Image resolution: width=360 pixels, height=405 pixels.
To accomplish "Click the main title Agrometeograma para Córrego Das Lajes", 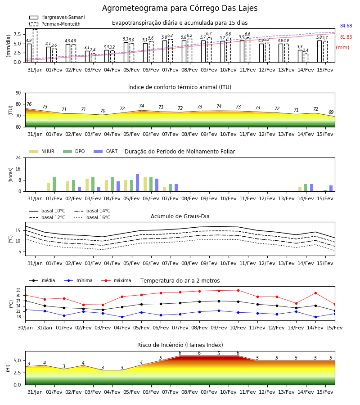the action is [x=180, y=8].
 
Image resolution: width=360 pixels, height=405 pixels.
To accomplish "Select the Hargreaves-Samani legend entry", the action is [x=57, y=17].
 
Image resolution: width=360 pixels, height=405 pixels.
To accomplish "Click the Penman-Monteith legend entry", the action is [x=55, y=24].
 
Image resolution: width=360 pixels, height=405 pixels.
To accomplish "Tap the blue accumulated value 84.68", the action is [x=346, y=26].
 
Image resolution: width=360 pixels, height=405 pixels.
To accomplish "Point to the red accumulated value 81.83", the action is [x=346, y=37].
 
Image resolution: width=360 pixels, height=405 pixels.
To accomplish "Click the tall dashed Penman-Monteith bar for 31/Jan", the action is [x=35, y=46].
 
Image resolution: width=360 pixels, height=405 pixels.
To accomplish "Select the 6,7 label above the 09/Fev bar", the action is [x=209, y=34].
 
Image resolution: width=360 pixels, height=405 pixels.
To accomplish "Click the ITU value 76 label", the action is [x=29, y=104].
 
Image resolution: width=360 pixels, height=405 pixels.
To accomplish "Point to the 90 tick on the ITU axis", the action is [x=18, y=93].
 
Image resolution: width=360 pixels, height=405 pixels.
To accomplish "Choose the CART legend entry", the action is [x=106, y=151].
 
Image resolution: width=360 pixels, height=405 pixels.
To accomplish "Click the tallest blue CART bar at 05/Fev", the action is [x=138, y=183].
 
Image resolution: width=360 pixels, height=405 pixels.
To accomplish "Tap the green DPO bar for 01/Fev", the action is [x=54, y=184].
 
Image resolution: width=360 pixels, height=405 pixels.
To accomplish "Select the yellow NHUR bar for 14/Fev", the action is [x=300, y=189].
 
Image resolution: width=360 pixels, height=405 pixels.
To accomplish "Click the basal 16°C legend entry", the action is [x=92, y=217].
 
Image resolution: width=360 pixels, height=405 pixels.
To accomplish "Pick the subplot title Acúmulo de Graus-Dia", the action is [x=180, y=216].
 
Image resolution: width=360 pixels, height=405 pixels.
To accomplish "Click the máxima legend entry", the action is [x=116, y=280].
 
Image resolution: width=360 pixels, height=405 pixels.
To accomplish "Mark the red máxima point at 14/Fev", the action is [x=315, y=293].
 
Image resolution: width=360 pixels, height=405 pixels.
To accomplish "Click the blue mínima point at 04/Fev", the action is [x=122, y=317].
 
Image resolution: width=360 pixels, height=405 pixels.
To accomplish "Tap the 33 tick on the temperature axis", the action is [x=18, y=290].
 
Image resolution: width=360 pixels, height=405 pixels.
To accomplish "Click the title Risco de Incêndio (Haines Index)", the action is [x=180, y=345].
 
